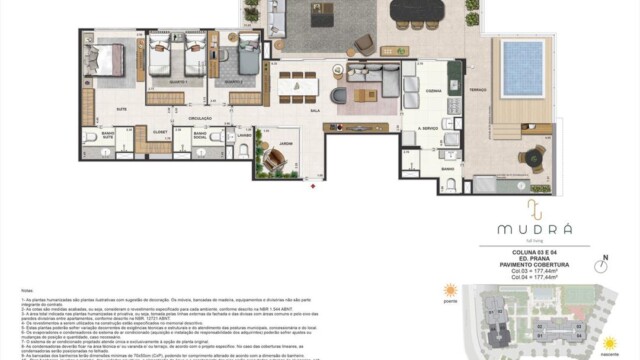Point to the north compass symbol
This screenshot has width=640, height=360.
click(602, 266)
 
